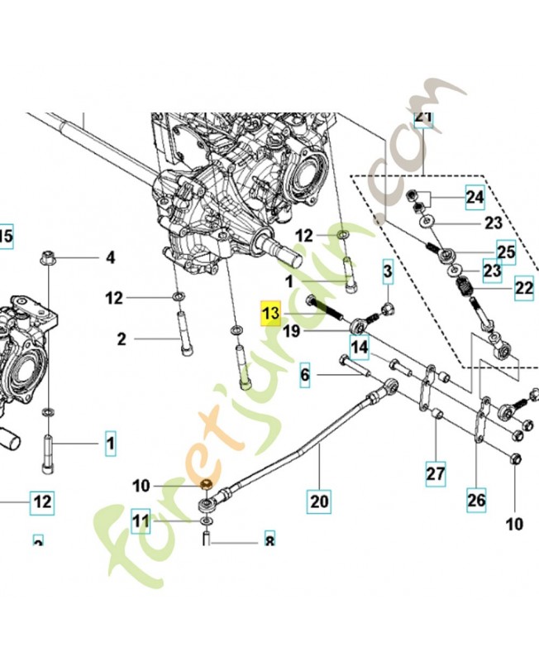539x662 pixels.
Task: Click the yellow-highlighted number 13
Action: coord(271,314)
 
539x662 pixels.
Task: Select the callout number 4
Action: coord(110,258)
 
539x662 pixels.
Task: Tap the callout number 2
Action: coord(121,338)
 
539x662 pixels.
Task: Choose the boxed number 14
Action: coord(358,348)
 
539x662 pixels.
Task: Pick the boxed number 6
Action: coord(304,376)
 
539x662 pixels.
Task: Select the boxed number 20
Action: coord(319,501)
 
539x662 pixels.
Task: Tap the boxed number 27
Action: coord(435,474)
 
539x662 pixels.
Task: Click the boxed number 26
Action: coord(476,500)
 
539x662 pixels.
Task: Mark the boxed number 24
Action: coord(474,197)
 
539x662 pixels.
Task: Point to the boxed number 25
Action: coord(505,251)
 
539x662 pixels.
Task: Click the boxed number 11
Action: coord(141,522)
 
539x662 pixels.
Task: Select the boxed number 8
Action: coord(269,542)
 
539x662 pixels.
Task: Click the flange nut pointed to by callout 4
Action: coord(46,257)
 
